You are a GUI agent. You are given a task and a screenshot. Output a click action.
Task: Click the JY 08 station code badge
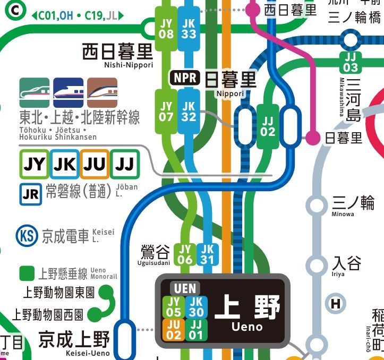click(x=166, y=28)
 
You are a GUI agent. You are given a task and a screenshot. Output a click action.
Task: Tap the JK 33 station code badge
click(x=189, y=28)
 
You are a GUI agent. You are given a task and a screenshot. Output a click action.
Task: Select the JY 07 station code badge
click(x=166, y=112)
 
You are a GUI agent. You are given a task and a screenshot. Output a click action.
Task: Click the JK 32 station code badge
click(x=189, y=112)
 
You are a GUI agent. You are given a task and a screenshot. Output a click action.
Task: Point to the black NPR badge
click(x=184, y=78)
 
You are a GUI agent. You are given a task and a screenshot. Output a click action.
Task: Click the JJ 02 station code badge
click(x=268, y=126)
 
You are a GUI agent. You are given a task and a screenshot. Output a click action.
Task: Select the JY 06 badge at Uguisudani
click(x=185, y=254)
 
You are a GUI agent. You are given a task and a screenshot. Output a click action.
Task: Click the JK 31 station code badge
click(x=207, y=254)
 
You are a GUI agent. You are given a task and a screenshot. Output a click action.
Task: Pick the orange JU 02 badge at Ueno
click(x=174, y=330)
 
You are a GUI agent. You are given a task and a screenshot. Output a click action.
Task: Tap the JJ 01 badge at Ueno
click(x=196, y=330)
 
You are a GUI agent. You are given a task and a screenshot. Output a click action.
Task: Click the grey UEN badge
click(x=185, y=289)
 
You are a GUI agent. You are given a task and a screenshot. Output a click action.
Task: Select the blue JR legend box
click(x=31, y=194)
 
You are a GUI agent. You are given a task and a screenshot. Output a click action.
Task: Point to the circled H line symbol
click(x=336, y=304)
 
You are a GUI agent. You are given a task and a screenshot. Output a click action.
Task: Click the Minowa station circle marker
click(x=317, y=205)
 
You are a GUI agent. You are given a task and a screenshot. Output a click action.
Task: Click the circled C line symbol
click(x=18, y=9)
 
